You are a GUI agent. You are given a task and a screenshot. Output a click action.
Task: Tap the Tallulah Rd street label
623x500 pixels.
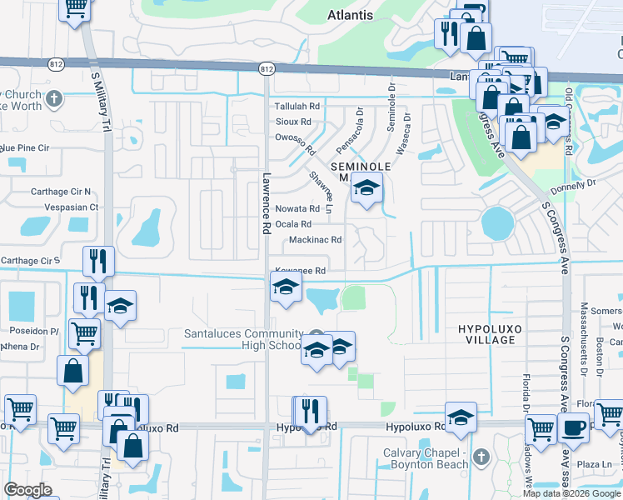tap(297, 107)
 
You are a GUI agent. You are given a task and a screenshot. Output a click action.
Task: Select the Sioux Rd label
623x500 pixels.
tap(292, 122)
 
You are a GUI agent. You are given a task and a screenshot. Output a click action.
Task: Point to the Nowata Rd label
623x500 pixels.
tap(298, 209)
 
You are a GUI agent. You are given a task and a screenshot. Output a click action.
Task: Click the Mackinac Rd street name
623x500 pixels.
tap(315, 240)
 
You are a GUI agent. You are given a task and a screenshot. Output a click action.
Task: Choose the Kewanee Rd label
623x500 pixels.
tap(300, 271)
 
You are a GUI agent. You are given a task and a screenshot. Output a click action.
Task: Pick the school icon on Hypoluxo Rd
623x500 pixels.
tap(461, 417)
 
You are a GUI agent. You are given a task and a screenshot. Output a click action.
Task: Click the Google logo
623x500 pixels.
tap(28, 490)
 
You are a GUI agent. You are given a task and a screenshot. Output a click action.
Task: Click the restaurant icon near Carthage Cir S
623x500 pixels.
tap(98, 262)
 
